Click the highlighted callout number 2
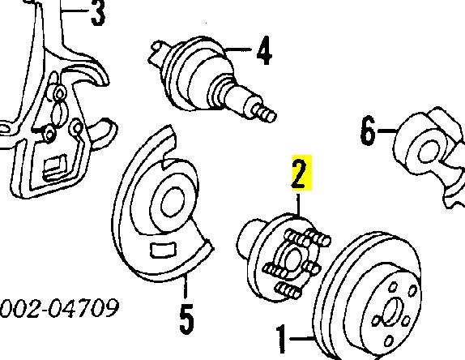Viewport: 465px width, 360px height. [x=298, y=174]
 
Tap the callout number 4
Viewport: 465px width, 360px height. [x=264, y=50]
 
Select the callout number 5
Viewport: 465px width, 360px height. [x=186, y=319]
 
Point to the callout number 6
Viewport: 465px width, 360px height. [x=368, y=131]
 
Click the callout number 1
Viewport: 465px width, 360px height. [x=282, y=339]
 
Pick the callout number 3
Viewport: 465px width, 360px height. [x=98, y=12]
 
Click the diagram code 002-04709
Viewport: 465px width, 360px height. [x=59, y=308]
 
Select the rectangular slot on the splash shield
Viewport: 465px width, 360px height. [x=164, y=250]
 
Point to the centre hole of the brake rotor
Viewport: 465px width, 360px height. [x=392, y=312]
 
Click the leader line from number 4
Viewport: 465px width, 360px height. [x=238, y=49]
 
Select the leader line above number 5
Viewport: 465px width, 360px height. [x=186, y=285]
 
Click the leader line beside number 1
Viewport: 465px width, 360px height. [x=301, y=338]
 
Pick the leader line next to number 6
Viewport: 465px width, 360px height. [x=387, y=131]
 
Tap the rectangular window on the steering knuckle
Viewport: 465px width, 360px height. [x=55, y=165]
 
